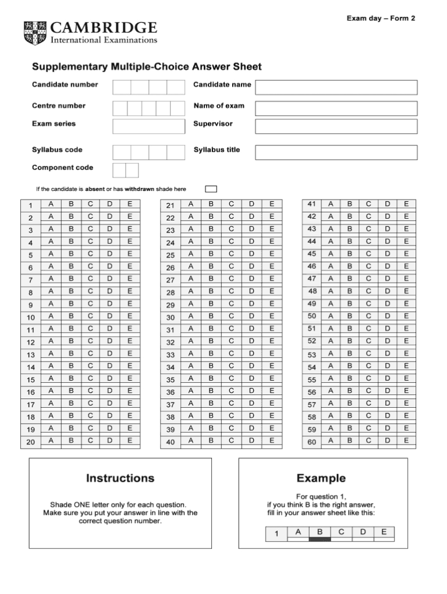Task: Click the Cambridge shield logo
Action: pyautogui.click(x=35, y=33)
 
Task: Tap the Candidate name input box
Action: pyautogui.click(x=336, y=87)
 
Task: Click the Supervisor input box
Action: pyautogui.click(x=336, y=126)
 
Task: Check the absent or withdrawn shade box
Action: pyautogui.click(x=211, y=188)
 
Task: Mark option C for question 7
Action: pyautogui.click(x=90, y=279)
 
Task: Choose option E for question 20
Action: pyautogui.click(x=130, y=440)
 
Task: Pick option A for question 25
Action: pyautogui.click(x=190, y=254)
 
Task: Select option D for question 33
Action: pyautogui.click(x=251, y=353)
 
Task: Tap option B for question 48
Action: pyautogui.click(x=350, y=291)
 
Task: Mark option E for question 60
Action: pyautogui.click(x=406, y=440)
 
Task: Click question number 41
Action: pyautogui.click(x=311, y=204)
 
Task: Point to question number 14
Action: pyautogui.click(x=31, y=368)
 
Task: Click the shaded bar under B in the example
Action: pyautogui.click(x=320, y=539)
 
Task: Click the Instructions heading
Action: pyautogui.click(x=120, y=478)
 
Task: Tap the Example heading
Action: pyautogui.click(x=321, y=478)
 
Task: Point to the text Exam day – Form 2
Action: pyautogui.click(x=381, y=18)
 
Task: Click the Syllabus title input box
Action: pyautogui.click(x=336, y=152)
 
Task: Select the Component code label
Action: pyautogui.click(x=62, y=168)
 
